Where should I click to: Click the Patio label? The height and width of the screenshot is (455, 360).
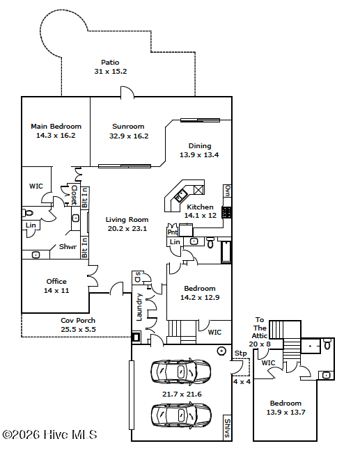(x=110, y=62)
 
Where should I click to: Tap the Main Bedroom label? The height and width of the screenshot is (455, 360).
(x=56, y=126)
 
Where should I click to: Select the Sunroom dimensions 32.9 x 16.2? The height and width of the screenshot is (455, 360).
(x=129, y=136)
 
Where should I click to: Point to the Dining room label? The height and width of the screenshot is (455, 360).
(x=200, y=145)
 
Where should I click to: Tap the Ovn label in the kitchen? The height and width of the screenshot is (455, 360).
(x=228, y=191)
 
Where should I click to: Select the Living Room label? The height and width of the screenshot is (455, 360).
(x=127, y=219)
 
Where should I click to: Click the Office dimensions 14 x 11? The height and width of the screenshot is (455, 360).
(x=56, y=291)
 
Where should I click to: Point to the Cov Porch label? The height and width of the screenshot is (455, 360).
(x=78, y=320)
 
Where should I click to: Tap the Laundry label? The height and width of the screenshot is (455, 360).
(x=139, y=307)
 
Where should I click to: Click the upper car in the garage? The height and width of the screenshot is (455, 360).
(x=180, y=372)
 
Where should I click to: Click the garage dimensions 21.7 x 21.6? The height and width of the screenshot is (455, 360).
(x=182, y=394)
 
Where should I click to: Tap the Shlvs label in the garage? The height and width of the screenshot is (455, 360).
(x=227, y=428)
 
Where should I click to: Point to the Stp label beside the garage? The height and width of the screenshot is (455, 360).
(x=241, y=353)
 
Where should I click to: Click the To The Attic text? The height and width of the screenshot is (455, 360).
(x=260, y=328)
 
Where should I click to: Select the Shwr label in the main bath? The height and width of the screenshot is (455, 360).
(x=68, y=247)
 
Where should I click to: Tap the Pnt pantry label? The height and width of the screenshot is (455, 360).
(x=172, y=232)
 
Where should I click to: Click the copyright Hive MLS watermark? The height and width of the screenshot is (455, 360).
(x=49, y=434)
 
